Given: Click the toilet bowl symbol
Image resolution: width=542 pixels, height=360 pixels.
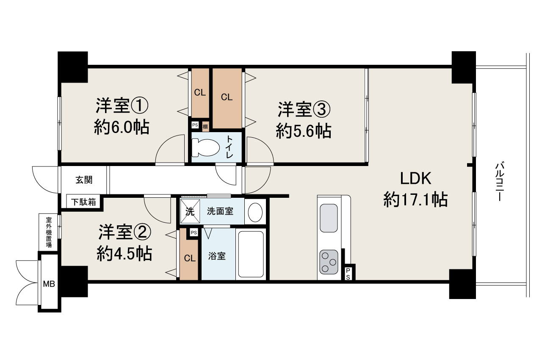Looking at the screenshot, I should [x=206, y=147].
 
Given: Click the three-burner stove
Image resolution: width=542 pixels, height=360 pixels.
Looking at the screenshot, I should [x=329, y=262].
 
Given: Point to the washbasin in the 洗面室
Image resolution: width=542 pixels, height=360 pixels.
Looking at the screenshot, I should [x=255, y=212].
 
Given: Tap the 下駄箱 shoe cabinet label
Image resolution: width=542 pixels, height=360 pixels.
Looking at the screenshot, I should [x=83, y=202].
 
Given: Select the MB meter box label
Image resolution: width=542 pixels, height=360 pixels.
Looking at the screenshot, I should [x=49, y=284].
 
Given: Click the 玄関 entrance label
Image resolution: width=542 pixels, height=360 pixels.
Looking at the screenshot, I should [x=84, y=180].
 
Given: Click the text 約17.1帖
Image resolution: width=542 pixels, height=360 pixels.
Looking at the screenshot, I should [x=415, y=199].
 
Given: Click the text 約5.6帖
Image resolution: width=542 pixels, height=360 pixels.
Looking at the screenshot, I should [x=303, y=131].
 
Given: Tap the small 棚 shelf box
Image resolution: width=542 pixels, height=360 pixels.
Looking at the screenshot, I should [x=205, y=125].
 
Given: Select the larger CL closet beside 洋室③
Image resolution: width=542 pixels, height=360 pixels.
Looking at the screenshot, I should [x=227, y=97].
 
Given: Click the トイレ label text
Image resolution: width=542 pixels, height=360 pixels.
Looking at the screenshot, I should [x=230, y=147].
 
